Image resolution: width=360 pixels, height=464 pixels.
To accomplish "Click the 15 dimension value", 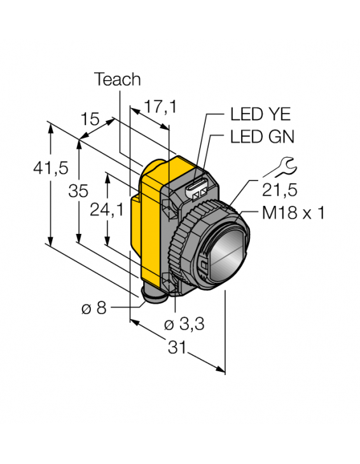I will [90, 120].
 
